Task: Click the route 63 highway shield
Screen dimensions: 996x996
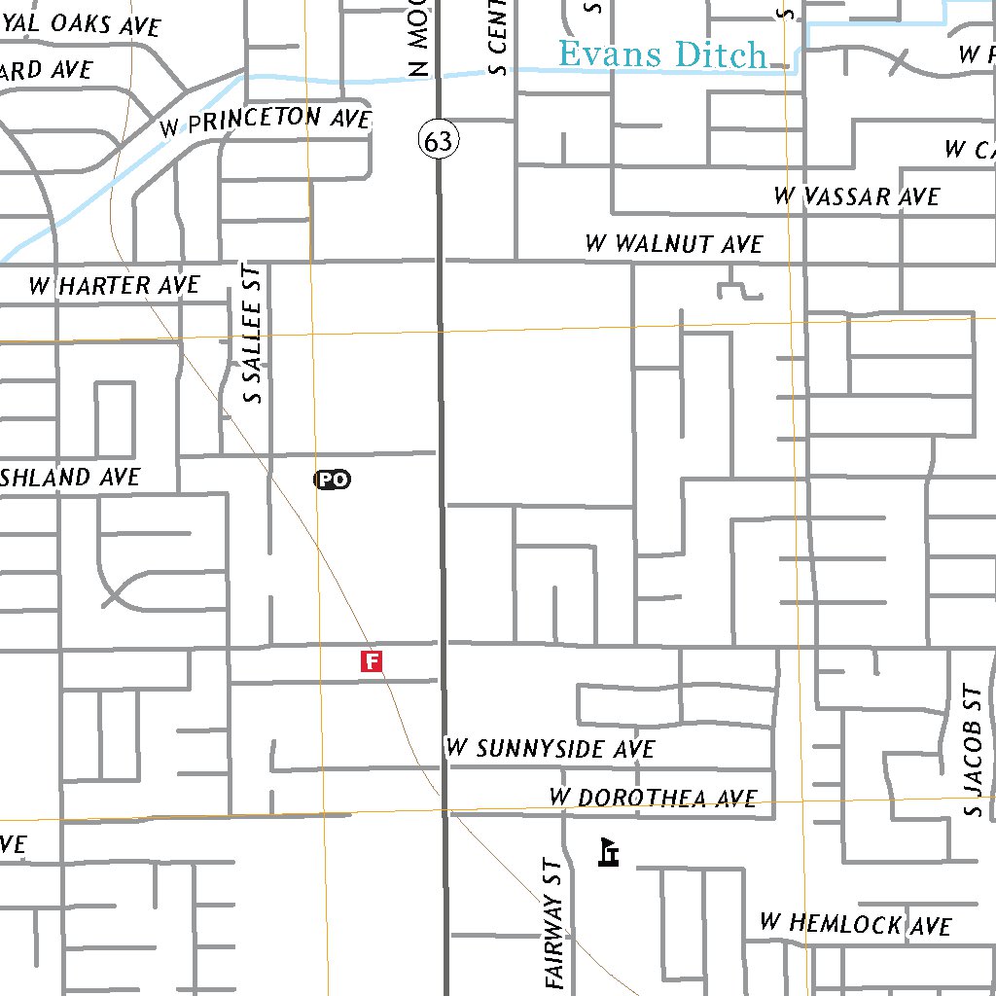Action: tap(439, 141)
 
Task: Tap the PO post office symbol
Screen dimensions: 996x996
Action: tap(332, 479)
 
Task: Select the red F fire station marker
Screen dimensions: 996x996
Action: tap(371, 661)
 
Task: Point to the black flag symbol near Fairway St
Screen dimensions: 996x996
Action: tap(610, 852)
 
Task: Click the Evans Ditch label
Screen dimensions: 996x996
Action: tap(663, 54)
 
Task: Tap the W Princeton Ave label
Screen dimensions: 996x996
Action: tap(267, 121)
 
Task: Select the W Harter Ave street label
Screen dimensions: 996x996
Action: tap(114, 285)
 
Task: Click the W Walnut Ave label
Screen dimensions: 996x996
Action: tap(674, 243)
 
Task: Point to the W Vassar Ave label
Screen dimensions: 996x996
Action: tap(857, 196)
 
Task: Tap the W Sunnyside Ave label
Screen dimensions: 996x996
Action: tap(551, 748)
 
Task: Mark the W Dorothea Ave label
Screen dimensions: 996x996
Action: tap(653, 798)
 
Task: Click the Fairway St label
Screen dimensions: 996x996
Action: tap(555, 924)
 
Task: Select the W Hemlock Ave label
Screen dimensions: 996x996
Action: tap(855, 923)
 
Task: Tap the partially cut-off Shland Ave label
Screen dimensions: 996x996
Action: tap(70, 478)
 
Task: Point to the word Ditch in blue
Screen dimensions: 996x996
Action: tap(720, 55)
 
